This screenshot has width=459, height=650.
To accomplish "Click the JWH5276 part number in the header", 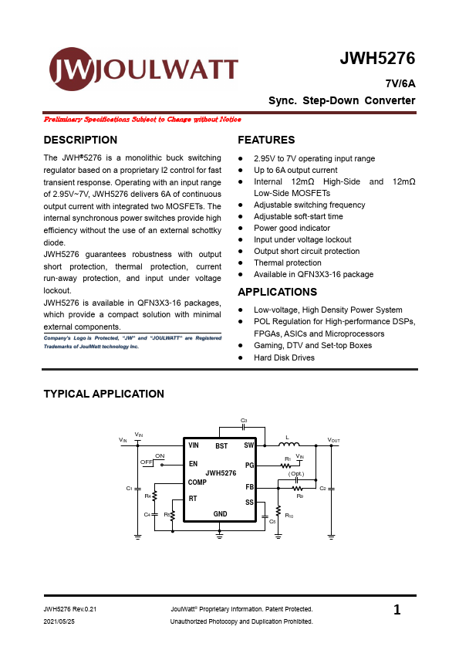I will coord(377,59).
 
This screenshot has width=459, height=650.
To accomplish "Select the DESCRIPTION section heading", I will coord(80,140).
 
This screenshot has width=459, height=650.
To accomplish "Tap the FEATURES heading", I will coord(266,140).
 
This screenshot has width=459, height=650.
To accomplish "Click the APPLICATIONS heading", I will coord(277,292).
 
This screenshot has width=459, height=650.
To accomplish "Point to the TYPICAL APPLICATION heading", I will coord(103,394).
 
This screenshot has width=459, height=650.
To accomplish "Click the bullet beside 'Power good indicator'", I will coord(241,229).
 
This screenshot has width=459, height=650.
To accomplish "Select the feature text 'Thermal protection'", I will coord(287,263).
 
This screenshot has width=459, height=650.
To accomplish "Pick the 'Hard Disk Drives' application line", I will coord(284,357).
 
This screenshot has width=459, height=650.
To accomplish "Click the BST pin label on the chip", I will coord(221,446).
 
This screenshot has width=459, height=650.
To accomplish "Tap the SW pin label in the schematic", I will coord(248,446).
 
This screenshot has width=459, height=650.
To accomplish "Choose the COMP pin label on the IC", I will coord(197,482).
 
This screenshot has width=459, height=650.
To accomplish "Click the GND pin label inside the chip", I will coord(220,514).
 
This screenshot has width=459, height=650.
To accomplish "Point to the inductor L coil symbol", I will coord(288,444).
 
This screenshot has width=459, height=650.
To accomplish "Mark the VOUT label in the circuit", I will coord(333,440).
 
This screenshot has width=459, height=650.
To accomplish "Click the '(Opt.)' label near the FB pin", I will coord(296,473).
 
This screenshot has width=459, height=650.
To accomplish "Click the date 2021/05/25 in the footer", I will coord(59,621).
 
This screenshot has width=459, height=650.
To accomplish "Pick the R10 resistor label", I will coord(289,515).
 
